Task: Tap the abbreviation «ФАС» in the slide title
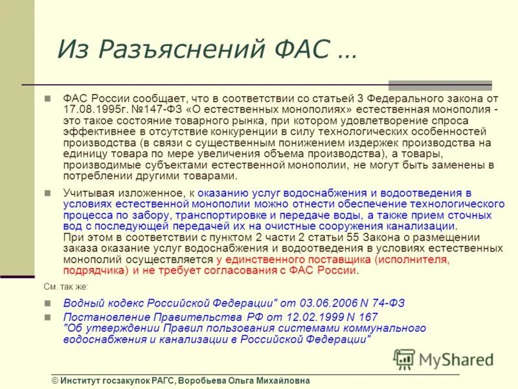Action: (x=300, y=49)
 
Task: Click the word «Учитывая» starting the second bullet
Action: (x=85, y=193)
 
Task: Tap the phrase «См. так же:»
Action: (x=66, y=287)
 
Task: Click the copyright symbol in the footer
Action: (x=56, y=381)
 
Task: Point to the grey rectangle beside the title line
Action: (x=440, y=85)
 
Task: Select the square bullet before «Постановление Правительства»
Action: (x=47, y=317)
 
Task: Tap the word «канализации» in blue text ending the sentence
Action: (x=424, y=226)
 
